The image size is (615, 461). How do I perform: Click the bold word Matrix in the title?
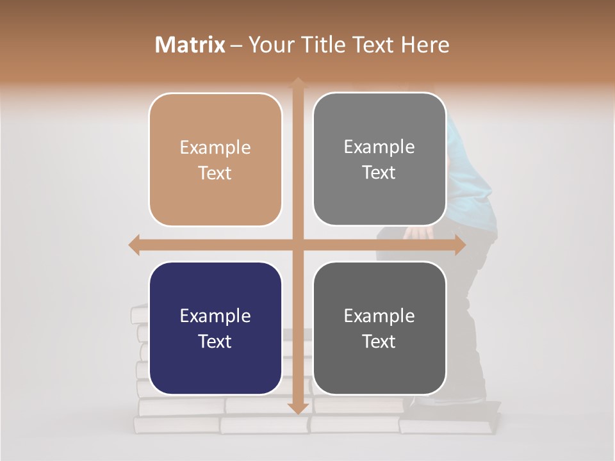click(190, 45)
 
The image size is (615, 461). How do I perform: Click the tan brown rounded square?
click(215, 159)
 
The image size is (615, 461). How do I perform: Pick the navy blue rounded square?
click(215, 328)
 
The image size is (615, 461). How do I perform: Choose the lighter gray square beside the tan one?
click(379, 159)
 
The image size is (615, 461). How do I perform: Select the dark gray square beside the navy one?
click(379, 328)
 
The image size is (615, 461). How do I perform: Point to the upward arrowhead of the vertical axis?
click(298, 83)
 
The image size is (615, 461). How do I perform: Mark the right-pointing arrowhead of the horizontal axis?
click(459, 245)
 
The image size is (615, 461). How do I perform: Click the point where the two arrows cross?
click(298, 245)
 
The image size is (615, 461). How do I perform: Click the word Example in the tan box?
click(215, 147)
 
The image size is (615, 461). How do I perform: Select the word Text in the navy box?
click(215, 341)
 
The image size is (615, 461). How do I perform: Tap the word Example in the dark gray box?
click(379, 316)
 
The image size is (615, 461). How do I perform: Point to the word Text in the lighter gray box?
click(379, 172)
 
